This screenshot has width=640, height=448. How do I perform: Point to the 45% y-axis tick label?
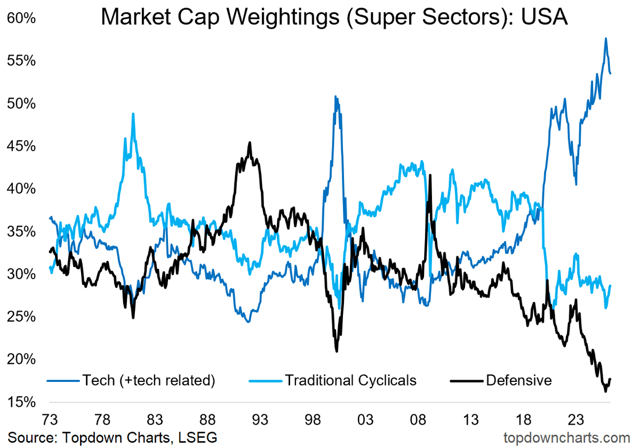[x=21, y=146]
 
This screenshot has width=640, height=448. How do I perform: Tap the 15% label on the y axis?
[x=21, y=402]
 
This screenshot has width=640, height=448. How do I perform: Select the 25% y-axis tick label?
[x=21, y=316]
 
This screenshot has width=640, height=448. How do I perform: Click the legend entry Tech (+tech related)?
[x=148, y=380]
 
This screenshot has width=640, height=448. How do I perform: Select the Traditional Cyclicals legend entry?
[x=350, y=380]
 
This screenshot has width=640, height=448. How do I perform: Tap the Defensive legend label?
[x=518, y=380]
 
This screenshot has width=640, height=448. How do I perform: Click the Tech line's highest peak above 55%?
[x=606, y=38]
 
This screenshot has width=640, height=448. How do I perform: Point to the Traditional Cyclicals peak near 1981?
[x=133, y=114]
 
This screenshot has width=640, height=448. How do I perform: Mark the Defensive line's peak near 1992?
[x=250, y=143]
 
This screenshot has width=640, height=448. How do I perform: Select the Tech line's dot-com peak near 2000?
[x=335, y=97]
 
